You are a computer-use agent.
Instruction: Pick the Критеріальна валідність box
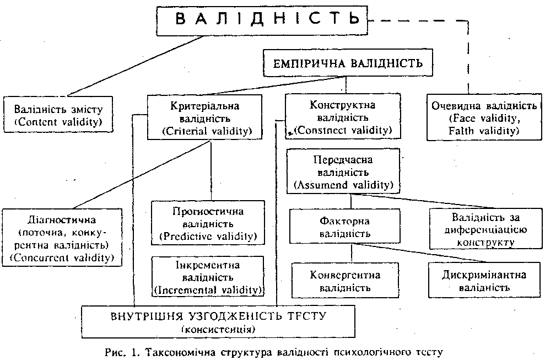point(204,117)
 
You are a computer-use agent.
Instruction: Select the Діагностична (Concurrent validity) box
point(62,236)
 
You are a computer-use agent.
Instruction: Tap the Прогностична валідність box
point(208,223)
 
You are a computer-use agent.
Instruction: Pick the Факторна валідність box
point(351,227)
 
